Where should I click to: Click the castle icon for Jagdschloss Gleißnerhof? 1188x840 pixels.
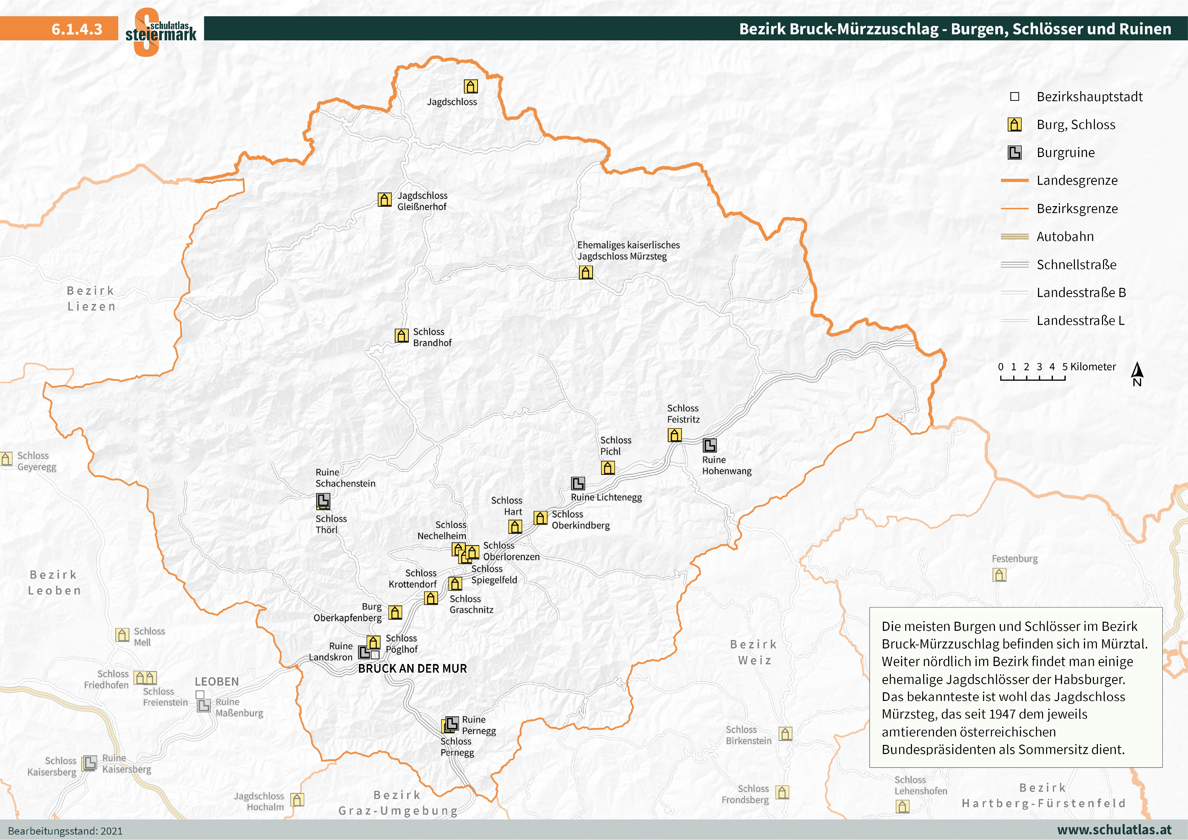click(384, 200)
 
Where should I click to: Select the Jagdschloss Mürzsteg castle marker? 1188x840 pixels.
click(586, 272)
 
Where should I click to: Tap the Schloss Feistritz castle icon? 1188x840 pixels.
click(674, 435)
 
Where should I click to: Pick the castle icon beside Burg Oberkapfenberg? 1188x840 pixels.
click(395, 613)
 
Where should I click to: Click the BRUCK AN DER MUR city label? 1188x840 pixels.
click(412, 669)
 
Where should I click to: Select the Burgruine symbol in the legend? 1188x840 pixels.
click(1015, 153)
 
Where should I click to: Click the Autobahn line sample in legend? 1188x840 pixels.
click(1015, 236)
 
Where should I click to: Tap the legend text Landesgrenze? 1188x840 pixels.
click(1077, 180)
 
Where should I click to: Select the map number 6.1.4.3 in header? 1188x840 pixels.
click(77, 29)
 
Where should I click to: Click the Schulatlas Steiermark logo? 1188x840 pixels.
click(161, 31)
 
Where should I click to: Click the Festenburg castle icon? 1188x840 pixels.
click(999, 575)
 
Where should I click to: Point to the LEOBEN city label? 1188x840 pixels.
click(217, 682)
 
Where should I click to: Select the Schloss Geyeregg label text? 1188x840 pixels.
click(37, 461)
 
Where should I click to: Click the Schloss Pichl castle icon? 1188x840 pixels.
click(608, 468)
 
